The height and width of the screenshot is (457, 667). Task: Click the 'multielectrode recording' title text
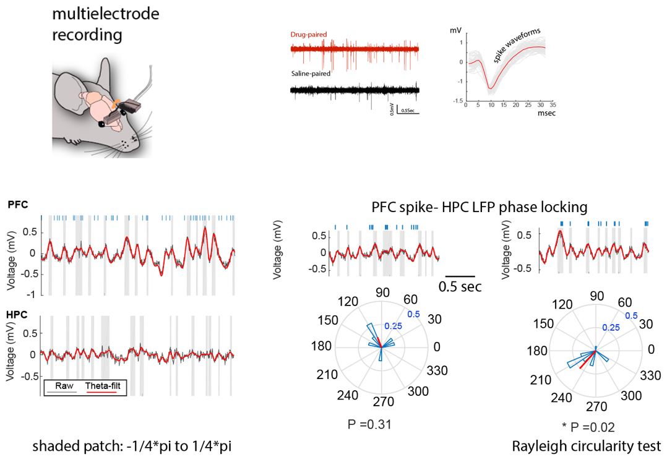(105, 23)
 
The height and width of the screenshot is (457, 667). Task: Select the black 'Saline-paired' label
(310, 73)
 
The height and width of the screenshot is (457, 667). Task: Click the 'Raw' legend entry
(64, 385)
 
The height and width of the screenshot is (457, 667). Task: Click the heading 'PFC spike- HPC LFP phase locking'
(480, 207)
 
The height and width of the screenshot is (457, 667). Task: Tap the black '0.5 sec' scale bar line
(460, 276)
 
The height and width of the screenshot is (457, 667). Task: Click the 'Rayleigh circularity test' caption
(586, 446)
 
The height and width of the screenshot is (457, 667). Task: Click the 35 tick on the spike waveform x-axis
(553, 106)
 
